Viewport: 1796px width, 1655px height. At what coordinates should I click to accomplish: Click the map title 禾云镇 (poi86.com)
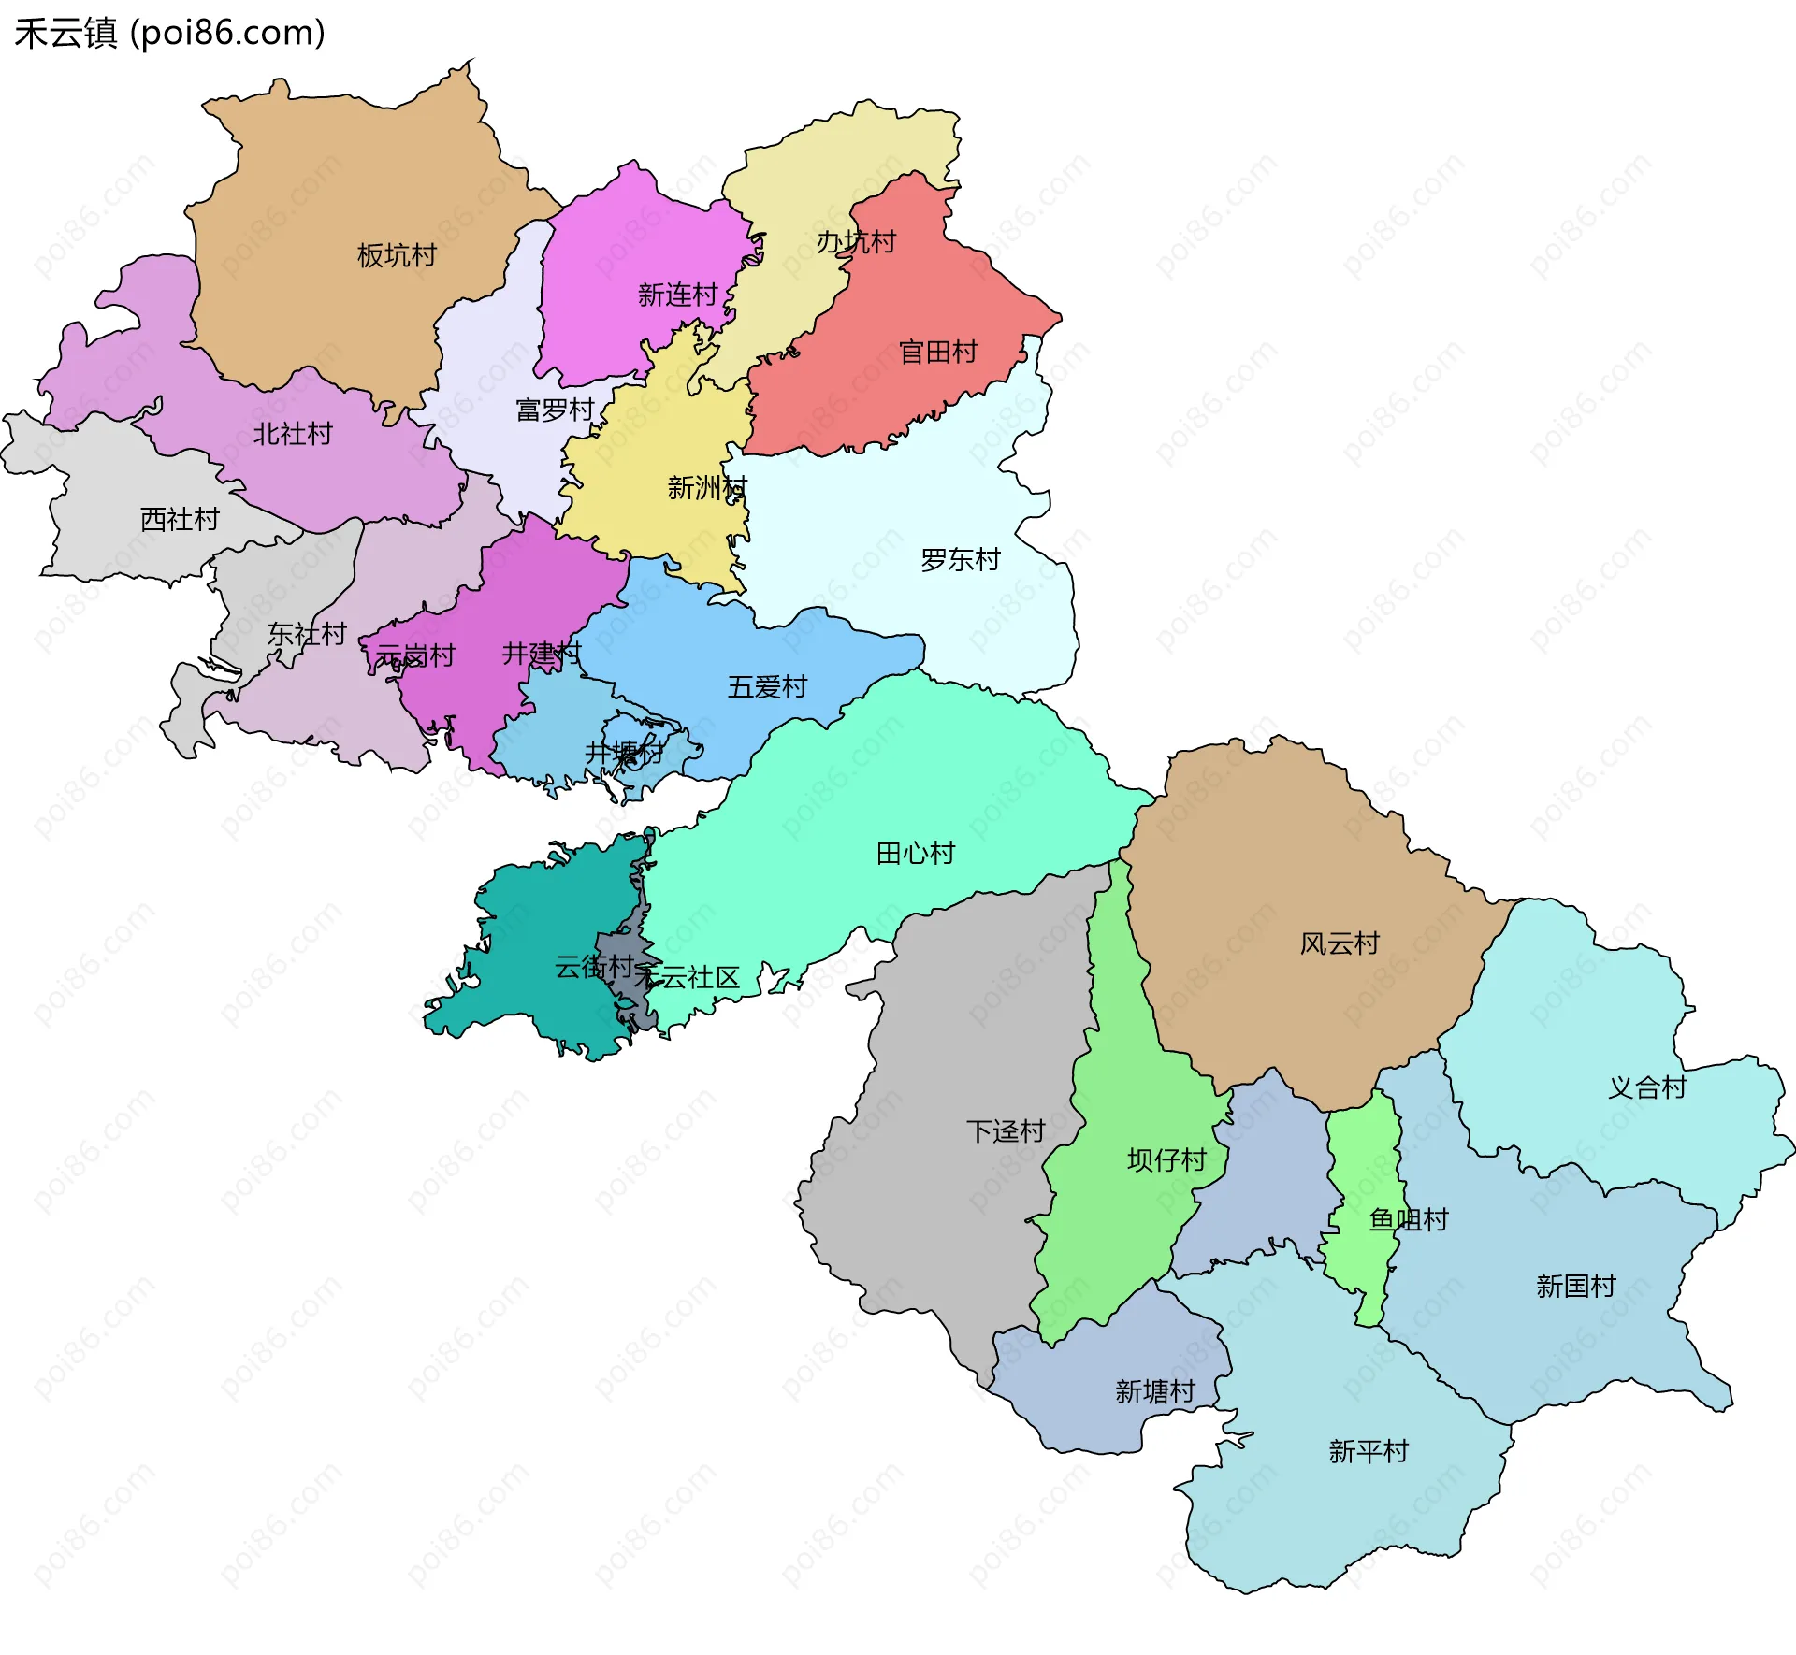pos(169,33)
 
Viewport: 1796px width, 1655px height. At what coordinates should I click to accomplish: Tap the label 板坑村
pos(397,255)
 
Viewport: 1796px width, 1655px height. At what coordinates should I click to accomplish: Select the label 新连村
pos(677,295)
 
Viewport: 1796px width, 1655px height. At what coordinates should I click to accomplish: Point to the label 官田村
pos(937,352)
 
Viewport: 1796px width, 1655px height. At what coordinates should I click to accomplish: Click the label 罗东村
pos(960,559)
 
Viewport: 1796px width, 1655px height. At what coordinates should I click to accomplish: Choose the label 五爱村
pos(767,686)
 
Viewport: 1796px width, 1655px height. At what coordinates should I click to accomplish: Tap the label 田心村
pos(915,853)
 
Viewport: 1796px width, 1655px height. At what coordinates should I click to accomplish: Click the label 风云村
pos(1340,943)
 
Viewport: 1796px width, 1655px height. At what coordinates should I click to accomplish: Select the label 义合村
pos(1647,1087)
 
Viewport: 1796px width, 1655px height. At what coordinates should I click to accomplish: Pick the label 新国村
pos(1575,1286)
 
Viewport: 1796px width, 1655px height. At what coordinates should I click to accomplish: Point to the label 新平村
pos(1369,1451)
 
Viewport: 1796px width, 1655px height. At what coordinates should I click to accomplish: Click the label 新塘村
pos(1154,1391)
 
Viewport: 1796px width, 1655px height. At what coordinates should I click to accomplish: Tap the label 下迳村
pos(1006,1131)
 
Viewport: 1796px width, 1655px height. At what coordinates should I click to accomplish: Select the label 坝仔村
pos(1166,1160)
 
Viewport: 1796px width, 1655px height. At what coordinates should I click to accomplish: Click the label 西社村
pos(180,519)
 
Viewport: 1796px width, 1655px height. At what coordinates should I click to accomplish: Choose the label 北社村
pos(293,434)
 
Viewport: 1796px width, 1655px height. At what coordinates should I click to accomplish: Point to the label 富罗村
pos(555,410)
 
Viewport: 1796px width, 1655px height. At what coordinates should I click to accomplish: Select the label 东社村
pos(307,634)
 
